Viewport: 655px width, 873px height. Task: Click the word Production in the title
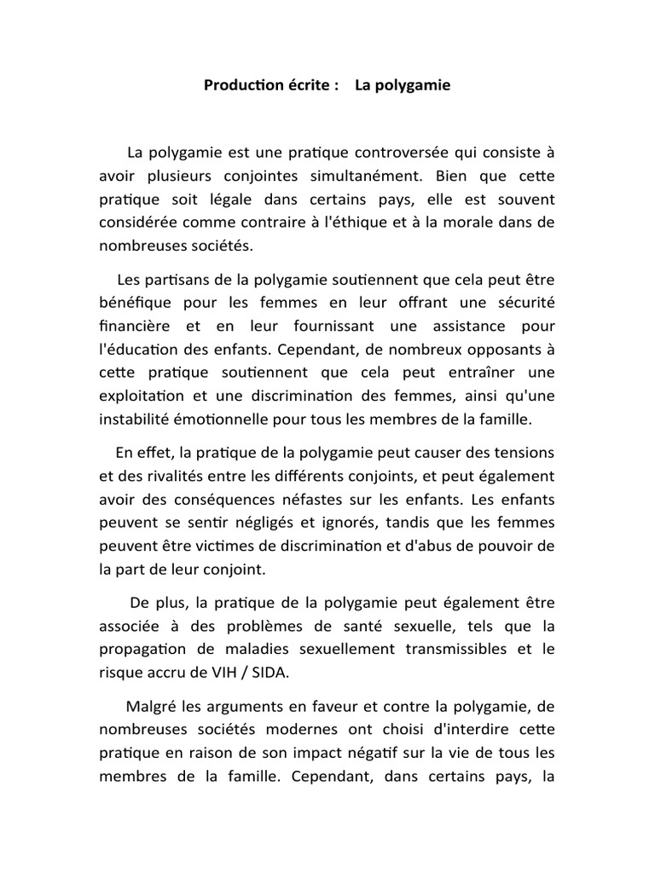(x=240, y=86)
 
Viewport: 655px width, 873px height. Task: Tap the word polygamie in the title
(x=414, y=86)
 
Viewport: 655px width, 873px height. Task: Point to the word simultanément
(x=373, y=176)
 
